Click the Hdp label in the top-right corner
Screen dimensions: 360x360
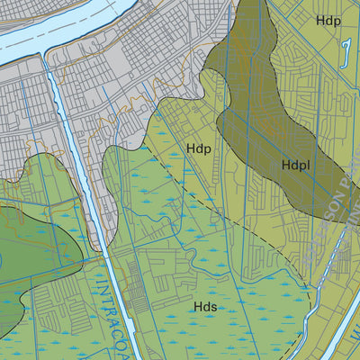coord(328,20)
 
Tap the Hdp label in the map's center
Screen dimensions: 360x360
coord(198,148)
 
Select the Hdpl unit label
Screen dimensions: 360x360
coord(296,166)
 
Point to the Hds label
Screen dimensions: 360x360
coord(205,307)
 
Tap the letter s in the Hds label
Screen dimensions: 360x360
coord(216,308)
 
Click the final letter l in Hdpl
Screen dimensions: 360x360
coord(309,166)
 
